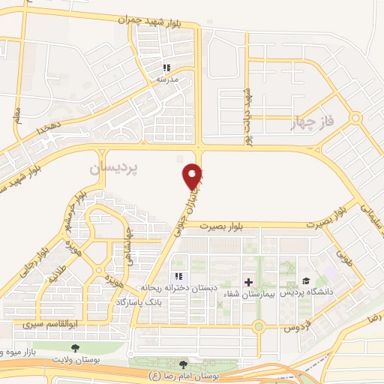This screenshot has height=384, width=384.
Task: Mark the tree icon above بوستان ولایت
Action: [76, 347]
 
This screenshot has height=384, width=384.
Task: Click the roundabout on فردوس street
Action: [259, 326]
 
